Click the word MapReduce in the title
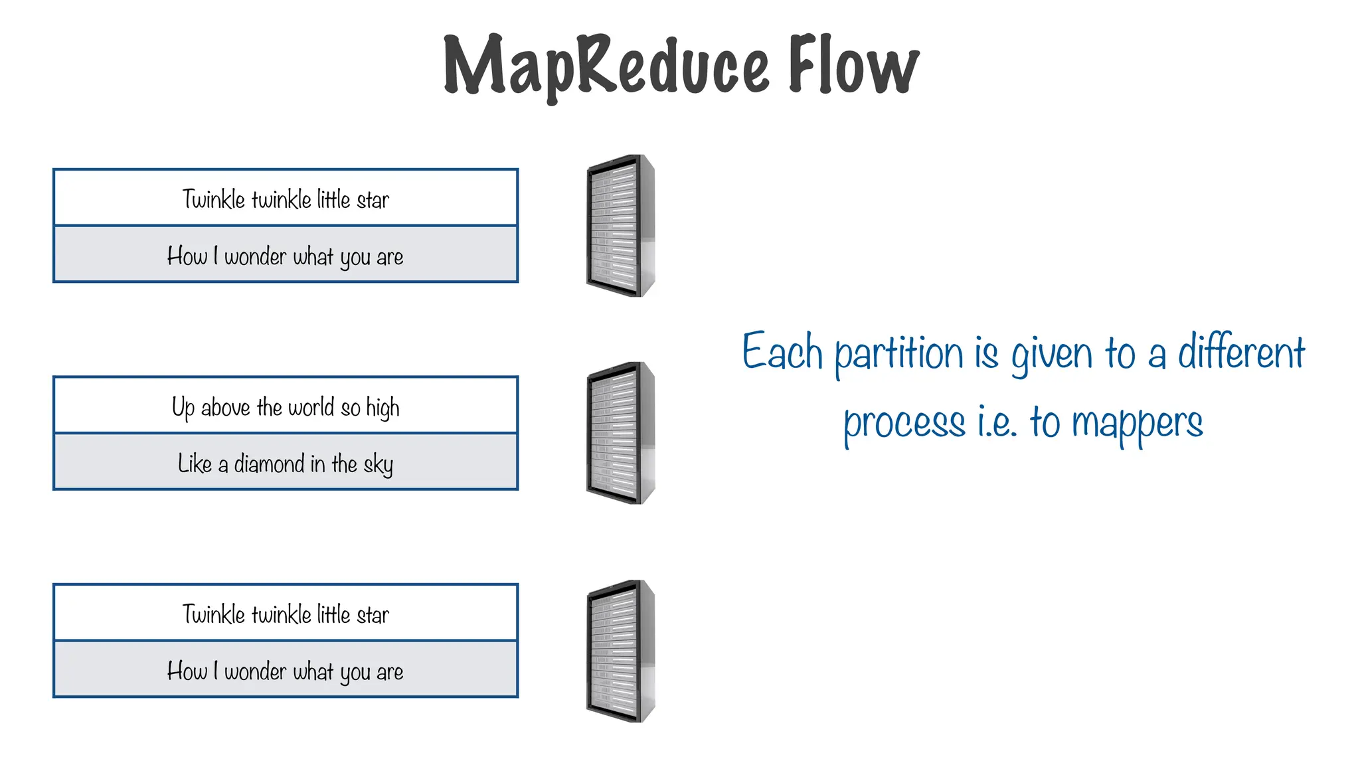coord(606,66)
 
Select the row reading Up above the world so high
coord(286,406)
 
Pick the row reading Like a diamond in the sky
coord(286,462)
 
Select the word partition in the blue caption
coord(898,353)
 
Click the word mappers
coord(1137,423)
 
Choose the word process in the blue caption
coord(904,424)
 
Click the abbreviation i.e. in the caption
coord(997,422)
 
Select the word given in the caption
coord(1051,353)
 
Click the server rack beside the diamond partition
coord(620,433)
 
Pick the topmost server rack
coord(620,226)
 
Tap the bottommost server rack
coord(620,651)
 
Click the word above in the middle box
coord(225,407)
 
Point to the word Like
coord(195,464)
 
